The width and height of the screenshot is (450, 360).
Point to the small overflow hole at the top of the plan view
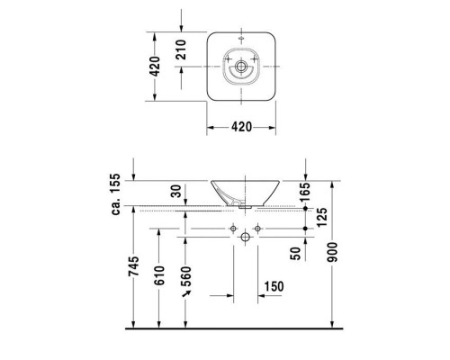point(241,40)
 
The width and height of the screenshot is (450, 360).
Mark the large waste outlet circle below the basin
point(241,237)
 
